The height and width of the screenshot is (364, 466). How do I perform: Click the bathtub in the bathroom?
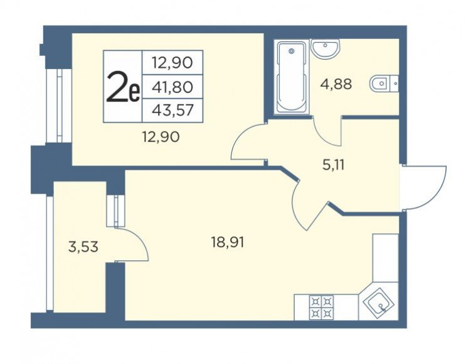pyautogui.click(x=291, y=77)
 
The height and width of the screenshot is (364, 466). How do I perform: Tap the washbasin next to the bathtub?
pyautogui.click(x=325, y=48)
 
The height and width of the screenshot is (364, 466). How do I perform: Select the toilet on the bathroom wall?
pyautogui.click(x=384, y=84)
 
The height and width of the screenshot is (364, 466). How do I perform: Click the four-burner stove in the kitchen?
pyautogui.click(x=321, y=307)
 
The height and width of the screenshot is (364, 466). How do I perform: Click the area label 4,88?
pyautogui.click(x=336, y=84)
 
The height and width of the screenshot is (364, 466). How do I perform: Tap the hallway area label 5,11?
pyautogui.click(x=334, y=165)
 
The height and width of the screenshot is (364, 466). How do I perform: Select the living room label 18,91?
pyautogui.click(x=227, y=242)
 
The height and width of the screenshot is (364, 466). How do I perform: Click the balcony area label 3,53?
pyautogui.click(x=83, y=247)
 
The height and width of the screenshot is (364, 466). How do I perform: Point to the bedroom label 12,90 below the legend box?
pyautogui.click(x=161, y=137)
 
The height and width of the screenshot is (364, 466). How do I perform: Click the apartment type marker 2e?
pyautogui.click(x=123, y=87)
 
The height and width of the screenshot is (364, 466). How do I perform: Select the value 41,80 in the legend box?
pyautogui.click(x=172, y=87)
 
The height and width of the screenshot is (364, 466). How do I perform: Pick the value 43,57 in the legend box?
pyautogui.click(x=172, y=111)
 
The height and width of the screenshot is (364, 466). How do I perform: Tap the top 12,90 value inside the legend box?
pyautogui.click(x=172, y=63)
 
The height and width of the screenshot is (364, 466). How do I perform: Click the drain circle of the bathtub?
pyautogui.click(x=291, y=52)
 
